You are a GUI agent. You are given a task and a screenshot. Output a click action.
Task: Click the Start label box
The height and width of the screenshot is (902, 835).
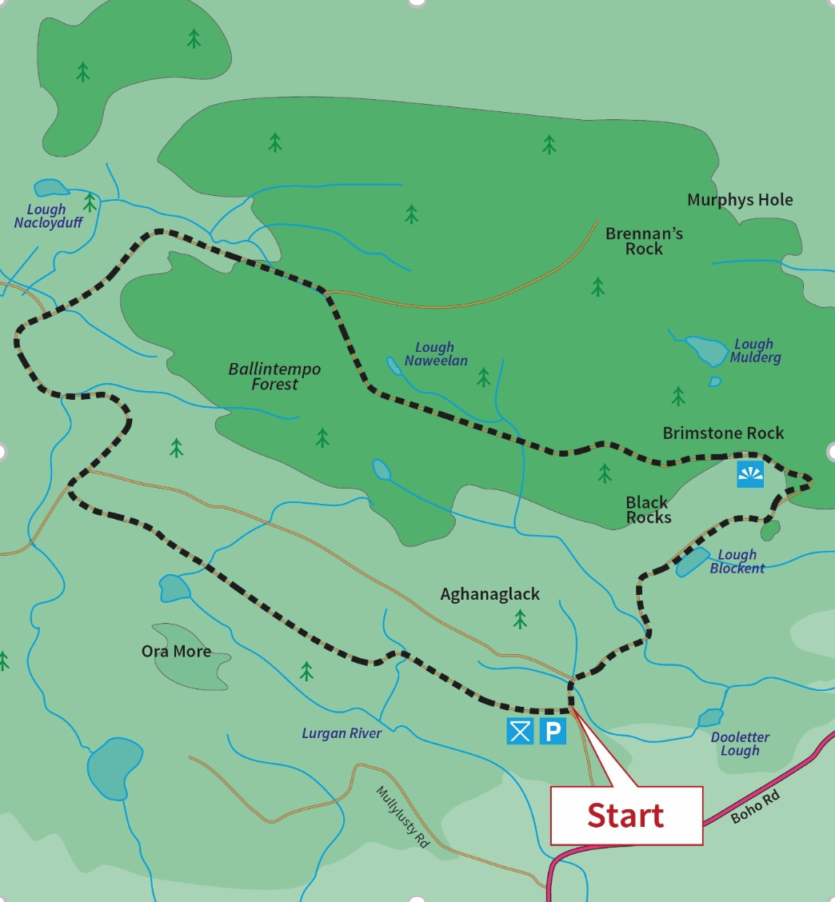point(626,815)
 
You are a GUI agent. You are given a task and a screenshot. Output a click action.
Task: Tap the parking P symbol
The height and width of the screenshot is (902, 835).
point(553,731)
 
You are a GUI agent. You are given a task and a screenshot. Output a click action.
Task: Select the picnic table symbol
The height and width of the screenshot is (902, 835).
point(520,731)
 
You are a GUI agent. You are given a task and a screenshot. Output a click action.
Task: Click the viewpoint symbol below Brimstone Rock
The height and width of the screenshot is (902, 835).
point(750,473)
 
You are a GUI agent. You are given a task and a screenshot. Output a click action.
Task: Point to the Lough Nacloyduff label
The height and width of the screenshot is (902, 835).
point(48,216)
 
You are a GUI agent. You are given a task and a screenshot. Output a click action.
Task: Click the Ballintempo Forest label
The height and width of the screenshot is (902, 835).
point(274,377)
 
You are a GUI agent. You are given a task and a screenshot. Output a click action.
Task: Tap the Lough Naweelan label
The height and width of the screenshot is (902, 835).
point(435,353)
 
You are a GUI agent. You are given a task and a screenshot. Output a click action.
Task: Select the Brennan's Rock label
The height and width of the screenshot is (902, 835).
point(644,241)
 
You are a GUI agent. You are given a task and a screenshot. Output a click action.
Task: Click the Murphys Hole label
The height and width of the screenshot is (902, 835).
point(740,199)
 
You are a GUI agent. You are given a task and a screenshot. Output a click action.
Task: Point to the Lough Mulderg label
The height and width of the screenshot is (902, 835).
point(754,351)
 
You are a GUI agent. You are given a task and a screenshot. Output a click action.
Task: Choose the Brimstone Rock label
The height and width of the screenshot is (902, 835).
point(723,433)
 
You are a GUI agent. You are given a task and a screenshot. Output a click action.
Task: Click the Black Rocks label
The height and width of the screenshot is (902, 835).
point(648,509)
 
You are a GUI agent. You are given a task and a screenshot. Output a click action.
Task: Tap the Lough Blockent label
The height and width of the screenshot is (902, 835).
point(737,561)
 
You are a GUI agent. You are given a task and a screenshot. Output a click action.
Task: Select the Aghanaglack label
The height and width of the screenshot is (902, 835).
point(489,594)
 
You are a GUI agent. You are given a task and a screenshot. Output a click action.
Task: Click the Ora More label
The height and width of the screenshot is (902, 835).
point(176,651)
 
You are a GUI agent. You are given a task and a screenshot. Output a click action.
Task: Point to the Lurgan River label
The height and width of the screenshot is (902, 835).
point(342,732)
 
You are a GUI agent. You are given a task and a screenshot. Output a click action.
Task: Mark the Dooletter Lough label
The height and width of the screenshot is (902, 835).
point(740,744)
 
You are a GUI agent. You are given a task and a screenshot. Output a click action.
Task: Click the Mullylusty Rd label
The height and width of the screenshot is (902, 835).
point(402,816)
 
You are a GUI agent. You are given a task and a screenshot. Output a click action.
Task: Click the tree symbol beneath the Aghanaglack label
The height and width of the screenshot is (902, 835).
point(521,618)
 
